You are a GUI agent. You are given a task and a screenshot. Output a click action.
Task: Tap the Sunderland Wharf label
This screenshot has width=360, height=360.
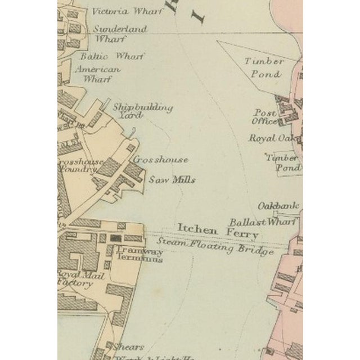click(120, 34)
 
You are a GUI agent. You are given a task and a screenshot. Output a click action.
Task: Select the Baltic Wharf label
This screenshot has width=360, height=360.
click(112, 56)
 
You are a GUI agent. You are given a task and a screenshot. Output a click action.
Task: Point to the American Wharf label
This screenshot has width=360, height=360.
click(98, 74)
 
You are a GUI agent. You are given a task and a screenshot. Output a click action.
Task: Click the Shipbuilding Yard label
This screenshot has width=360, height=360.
click(142, 110)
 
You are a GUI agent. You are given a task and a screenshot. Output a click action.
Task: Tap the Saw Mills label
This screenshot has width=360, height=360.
click(172, 180)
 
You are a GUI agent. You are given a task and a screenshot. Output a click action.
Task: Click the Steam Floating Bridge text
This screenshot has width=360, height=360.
click(215, 246)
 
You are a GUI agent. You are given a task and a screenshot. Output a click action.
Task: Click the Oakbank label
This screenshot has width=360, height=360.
click(278, 205)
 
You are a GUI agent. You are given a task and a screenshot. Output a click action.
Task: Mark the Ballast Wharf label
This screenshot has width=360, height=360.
click(262, 222)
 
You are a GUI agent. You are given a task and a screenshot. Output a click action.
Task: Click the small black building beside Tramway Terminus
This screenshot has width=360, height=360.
click(116, 238)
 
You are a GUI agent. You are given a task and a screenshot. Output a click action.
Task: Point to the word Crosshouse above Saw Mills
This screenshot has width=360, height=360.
click(160, 159)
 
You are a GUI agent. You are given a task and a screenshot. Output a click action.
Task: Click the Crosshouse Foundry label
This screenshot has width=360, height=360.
click(80, 165)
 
